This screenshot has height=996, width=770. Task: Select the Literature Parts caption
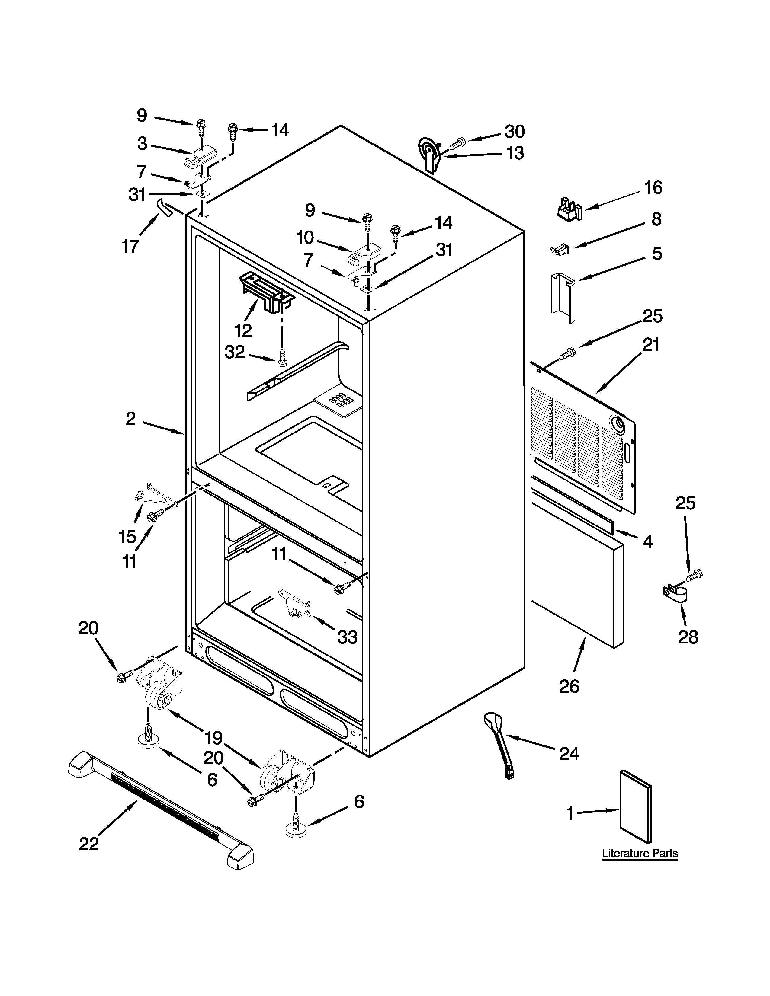(x=640, y=853)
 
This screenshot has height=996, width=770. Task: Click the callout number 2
(x=131, y=419)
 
